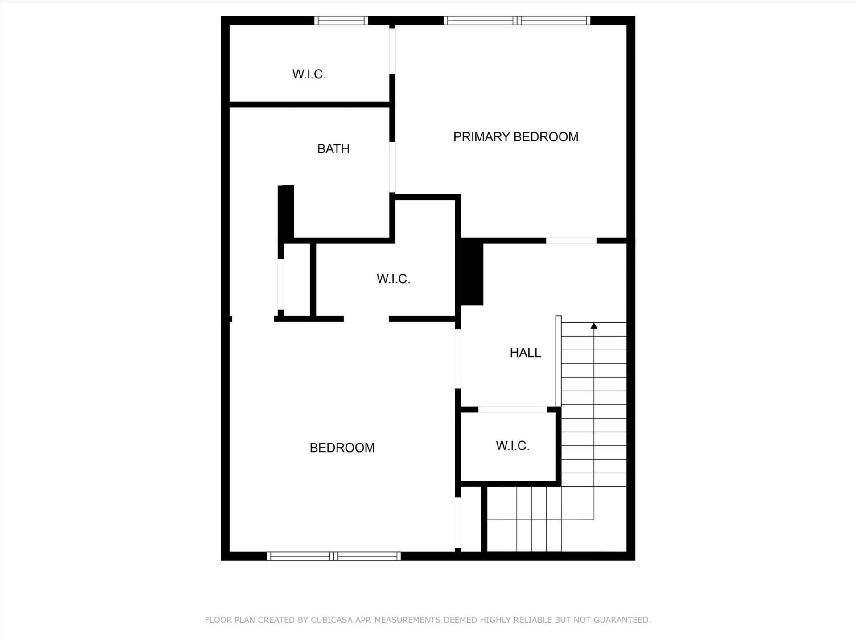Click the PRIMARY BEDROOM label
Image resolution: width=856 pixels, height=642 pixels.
coord(515,137)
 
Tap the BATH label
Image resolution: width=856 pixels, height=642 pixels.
coord(333,149)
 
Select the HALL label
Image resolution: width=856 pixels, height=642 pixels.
coord(525,353)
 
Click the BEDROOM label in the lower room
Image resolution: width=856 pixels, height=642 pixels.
coord(342,448)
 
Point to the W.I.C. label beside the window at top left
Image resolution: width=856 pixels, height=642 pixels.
coord(309,74)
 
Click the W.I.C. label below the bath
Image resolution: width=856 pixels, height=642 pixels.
coord(393,279)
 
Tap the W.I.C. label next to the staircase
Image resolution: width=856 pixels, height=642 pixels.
coord(512,446)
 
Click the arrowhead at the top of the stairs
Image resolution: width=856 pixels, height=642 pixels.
coord(593,326)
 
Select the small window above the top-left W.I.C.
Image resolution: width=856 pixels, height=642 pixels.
coord(341,21)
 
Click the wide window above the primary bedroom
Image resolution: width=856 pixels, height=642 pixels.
coord(517,21)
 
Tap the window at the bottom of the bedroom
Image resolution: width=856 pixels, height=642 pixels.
coord(333,556)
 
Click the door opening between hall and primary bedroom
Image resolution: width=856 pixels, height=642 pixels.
coord(571,241)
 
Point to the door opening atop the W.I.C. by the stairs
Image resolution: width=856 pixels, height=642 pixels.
coord(512,409)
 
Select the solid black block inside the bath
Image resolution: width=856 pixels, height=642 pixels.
coord(286,213)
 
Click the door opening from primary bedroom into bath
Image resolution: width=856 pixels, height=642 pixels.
coord(392,167)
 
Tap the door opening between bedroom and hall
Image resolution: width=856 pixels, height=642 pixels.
coord(457,359)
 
